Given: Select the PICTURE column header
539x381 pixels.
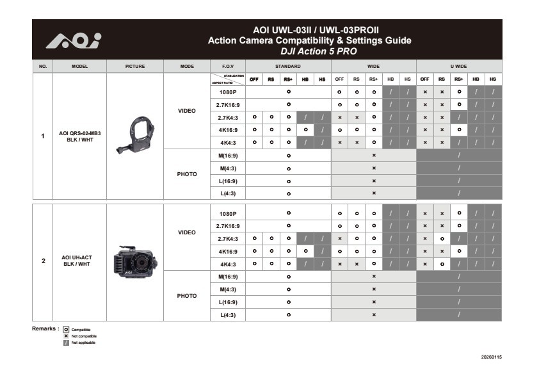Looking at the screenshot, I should (135, 66).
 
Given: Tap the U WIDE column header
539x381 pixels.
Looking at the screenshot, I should (458, 66).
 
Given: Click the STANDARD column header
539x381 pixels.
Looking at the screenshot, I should (288, 66).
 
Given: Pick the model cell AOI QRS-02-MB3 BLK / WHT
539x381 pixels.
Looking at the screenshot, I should (79, 136).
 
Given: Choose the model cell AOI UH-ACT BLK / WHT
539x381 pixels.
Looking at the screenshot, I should (79, 261).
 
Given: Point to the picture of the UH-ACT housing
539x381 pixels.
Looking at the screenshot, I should (134, 261).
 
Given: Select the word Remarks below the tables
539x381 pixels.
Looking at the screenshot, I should (45, 328).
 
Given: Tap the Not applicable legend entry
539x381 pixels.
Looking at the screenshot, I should (83, 343).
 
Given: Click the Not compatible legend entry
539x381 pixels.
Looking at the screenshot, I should (83, 336).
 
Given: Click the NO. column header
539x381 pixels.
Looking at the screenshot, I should (43, 66).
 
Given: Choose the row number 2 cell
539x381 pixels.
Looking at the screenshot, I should (43, 261).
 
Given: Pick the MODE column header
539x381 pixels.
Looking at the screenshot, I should (187, 66).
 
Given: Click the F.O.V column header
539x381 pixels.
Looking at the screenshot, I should (228, 66).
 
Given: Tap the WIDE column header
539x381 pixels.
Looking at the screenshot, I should (373, 66).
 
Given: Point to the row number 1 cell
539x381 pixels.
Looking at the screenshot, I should (43, 136).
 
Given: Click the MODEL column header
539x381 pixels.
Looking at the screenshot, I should (79, 66).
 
